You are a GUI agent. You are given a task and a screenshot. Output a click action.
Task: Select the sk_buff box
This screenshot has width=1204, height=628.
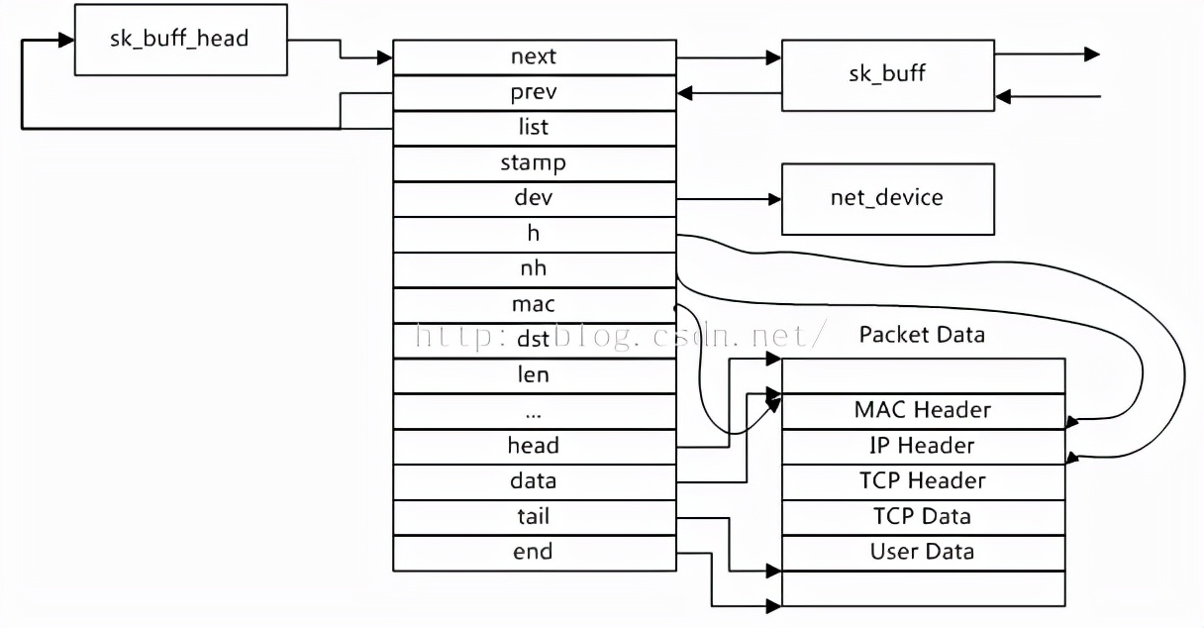tap(887, 74)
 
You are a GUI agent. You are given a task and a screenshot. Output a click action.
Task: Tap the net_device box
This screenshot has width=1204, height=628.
tap(887, 198)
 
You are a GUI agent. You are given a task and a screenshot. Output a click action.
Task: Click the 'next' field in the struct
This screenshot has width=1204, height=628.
tap(534, 56)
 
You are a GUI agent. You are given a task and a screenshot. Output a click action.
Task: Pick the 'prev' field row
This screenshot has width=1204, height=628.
tap(534, 92)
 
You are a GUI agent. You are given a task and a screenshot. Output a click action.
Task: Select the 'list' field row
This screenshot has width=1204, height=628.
tap(534, 128)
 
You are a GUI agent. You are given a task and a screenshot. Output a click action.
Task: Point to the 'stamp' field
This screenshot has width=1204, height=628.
tap(534, 163)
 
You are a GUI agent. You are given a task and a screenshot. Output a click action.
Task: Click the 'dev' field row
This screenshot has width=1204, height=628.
tap(534, 198)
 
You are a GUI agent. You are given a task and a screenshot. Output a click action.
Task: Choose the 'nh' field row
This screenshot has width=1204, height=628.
tap(534, 269)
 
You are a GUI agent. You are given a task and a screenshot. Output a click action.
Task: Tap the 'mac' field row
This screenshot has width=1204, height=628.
tap(534, 305)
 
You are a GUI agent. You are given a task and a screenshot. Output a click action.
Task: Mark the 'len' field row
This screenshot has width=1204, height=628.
tap(534, 375)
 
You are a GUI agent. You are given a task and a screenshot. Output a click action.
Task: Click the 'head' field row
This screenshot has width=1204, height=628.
tap(534, 446)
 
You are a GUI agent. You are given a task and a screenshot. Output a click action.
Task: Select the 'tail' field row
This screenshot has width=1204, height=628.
tap(534, 517)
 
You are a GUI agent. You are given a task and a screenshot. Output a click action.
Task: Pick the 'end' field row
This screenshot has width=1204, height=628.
tap(534, 553)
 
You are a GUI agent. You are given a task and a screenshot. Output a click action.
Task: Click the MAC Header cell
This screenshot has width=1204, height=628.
tap(923, 410)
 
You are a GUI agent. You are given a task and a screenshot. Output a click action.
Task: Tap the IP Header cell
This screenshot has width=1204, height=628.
tap(923, 446)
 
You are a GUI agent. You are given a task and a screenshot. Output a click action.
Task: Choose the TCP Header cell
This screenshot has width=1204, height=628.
tap(923, 481)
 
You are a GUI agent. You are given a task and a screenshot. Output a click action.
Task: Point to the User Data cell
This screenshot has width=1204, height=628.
tap(923, 552)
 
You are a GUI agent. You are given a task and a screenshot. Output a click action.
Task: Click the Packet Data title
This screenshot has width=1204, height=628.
tap(922, 335)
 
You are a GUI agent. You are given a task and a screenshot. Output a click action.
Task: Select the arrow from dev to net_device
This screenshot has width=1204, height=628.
tap(729, 199)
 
